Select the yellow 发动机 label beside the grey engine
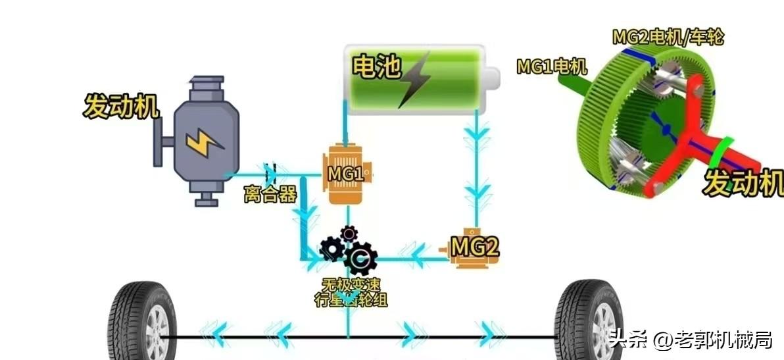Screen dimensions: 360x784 pos(121,107)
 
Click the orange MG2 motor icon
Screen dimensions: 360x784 pos(470,247)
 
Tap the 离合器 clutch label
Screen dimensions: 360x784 pos(270,195)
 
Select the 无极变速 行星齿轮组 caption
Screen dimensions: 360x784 pos(349,292)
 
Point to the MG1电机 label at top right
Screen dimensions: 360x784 pos(551,66)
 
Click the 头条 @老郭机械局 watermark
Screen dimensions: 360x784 pos(691,340)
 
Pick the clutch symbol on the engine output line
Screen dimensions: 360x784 pos(270,174)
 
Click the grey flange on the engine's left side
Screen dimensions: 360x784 pos(159,142)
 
